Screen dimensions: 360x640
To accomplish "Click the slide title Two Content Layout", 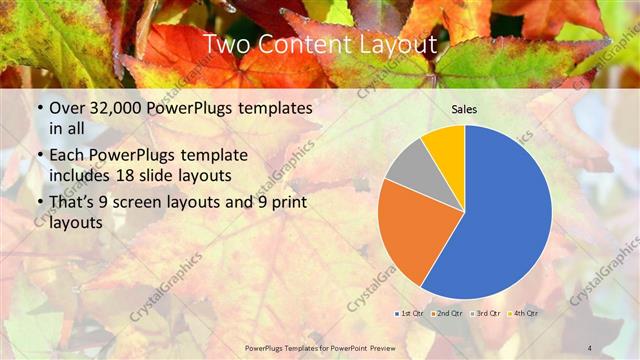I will click(x=319, y=45).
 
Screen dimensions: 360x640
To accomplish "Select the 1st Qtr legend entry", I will click(x=409, y=313).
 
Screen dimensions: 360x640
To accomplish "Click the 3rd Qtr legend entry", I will click(x=486, y=313).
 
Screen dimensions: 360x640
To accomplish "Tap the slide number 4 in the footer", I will click(x=590, y=347).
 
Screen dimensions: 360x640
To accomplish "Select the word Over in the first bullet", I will click(x=66, y=108).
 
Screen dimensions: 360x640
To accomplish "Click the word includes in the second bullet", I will click(x=82, y=175).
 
